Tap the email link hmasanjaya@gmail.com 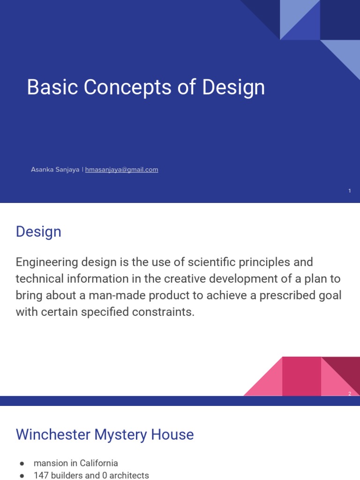121,170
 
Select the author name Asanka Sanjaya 55,170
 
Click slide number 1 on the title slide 350,191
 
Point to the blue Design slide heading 38,232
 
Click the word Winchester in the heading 53,435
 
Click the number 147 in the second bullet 41,475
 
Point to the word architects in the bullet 129,475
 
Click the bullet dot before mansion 22,464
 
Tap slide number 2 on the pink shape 350,394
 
